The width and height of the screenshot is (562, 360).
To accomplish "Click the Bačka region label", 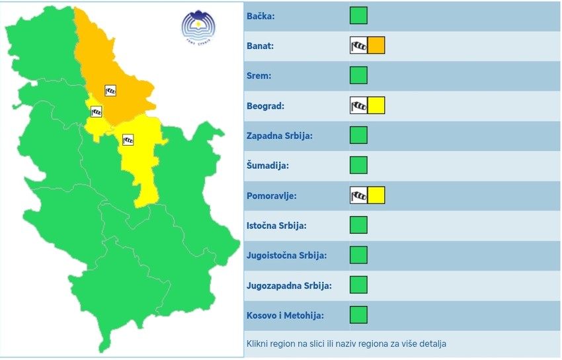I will coord(261,16).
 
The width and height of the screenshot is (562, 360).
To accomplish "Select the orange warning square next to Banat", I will coord(376,46).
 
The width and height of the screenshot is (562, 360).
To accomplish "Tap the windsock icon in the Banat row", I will coord(358,46).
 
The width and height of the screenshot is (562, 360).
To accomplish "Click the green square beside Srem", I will coord(358,75).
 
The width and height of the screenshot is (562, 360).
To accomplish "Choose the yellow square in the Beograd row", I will coord(376,105).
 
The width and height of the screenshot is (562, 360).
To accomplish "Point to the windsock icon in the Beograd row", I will coord(358,105).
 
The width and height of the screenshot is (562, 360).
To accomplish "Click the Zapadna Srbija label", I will coord(279,136).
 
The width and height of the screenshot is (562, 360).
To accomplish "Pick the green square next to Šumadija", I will coord(358,165).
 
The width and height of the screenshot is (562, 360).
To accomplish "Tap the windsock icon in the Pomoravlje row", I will coord(358,195).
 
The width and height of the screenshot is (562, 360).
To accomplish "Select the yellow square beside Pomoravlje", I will coord(376,195).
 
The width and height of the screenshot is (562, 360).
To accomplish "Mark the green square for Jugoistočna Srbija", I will coord(358,255).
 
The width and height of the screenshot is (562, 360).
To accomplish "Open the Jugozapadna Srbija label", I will coord(289,286).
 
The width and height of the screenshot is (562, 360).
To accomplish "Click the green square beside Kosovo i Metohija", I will coord(358,314).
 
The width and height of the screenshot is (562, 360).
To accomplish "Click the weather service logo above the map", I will coord(199,27).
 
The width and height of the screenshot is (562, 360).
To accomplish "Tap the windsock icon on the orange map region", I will coord(110,91).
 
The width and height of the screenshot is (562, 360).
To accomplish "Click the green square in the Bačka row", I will coord(358,15).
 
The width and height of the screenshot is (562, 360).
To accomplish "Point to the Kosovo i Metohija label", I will coord(285,316).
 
